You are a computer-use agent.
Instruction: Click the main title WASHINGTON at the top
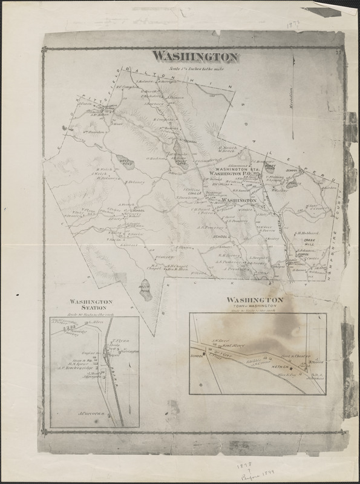pyautogui.click(x=194, y=57)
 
